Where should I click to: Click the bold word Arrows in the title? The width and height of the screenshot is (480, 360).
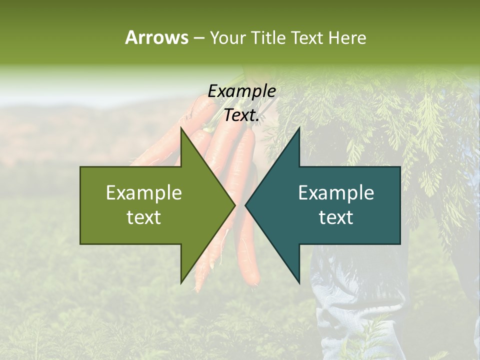tap(156, 37)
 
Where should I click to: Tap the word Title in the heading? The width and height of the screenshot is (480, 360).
tap(269, 37)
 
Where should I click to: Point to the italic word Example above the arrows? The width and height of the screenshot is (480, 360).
tap(241, 91)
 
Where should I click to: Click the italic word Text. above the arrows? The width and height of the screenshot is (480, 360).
tap(241, 115)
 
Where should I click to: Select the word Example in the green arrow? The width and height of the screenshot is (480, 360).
tap(144, 193)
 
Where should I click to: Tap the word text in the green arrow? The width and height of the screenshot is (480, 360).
tap(144, 217)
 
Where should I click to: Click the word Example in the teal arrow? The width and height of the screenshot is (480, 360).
tap(336, 193)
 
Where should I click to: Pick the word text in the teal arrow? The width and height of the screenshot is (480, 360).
tap(336, 217)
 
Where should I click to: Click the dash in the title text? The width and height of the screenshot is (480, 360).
tap(198, 38)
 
